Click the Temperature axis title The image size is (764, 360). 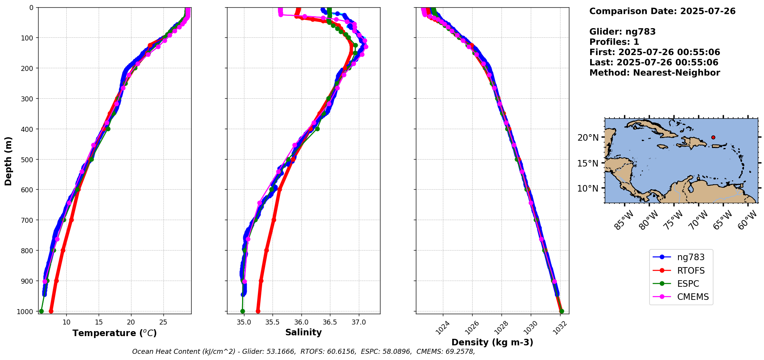tap(114, 333)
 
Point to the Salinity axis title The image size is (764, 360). tap(303, 332)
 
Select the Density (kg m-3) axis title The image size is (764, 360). tap(492, 342)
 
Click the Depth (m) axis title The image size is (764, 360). tap(8, 161)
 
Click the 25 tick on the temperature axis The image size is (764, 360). tap(163, 322)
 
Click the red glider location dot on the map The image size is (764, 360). tap(713, 137)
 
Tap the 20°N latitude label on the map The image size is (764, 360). tap(588, 138)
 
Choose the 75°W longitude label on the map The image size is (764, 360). tap(673, 220)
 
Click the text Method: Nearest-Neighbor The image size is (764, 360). tap(655, 73)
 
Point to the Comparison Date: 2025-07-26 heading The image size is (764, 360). tap(662, 11)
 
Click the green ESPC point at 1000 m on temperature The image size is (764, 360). tap(41, 311)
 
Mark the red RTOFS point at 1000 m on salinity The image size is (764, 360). tap(258, 311)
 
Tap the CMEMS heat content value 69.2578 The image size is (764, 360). tap(460, 352)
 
